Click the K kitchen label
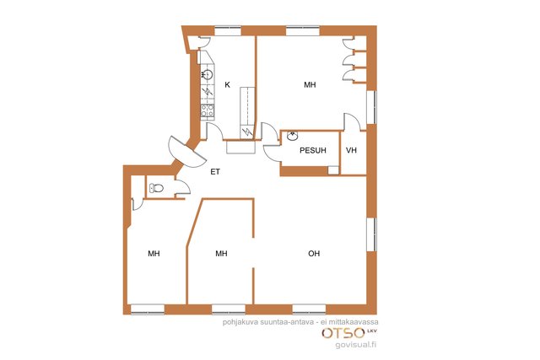(x=227, y=84)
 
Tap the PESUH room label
(x=313, y=150)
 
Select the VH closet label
(x=351, y=150)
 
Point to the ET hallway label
(x=215, y=172)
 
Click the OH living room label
(x=314, y=254)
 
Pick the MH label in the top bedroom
(x=310, y=84)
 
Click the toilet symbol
(x=156, y=188)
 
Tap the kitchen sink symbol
(x=207, y=74)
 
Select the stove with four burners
(x=208, y=110)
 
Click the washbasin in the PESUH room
(x=293, y=136)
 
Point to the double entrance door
(x=186, y=152)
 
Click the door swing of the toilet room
(x=183, y=188)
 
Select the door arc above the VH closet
(x=351, y=122)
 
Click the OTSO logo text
(x=343, y=333)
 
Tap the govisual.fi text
(x=356, y=345)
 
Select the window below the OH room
(x=310, y=309)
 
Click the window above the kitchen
(x=228, y=31)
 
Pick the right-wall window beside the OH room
(x=371, y=234)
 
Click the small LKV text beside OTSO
(x=371, y=330)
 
